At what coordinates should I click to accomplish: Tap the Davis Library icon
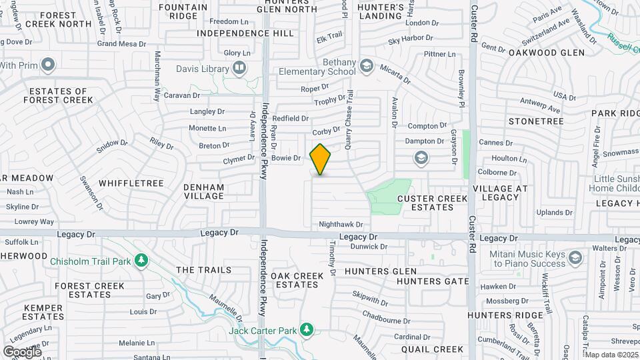click(239, 68)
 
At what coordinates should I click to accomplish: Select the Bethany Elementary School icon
click(366, 65)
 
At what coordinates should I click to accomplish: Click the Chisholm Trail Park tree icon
click(141, 261)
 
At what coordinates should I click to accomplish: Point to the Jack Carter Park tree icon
click(306, 330)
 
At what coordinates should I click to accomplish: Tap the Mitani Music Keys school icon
click(575, 257)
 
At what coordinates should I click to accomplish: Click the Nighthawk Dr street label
click(341, 225)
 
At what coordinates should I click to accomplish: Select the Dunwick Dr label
click(369, 247)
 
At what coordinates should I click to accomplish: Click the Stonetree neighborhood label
click(536, 121)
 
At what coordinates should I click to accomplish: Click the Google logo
click(22, 351)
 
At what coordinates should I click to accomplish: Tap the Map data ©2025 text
click(612, 355)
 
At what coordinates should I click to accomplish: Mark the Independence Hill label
click(245, 33)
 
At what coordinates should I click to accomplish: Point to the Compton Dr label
click(427, 126)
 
